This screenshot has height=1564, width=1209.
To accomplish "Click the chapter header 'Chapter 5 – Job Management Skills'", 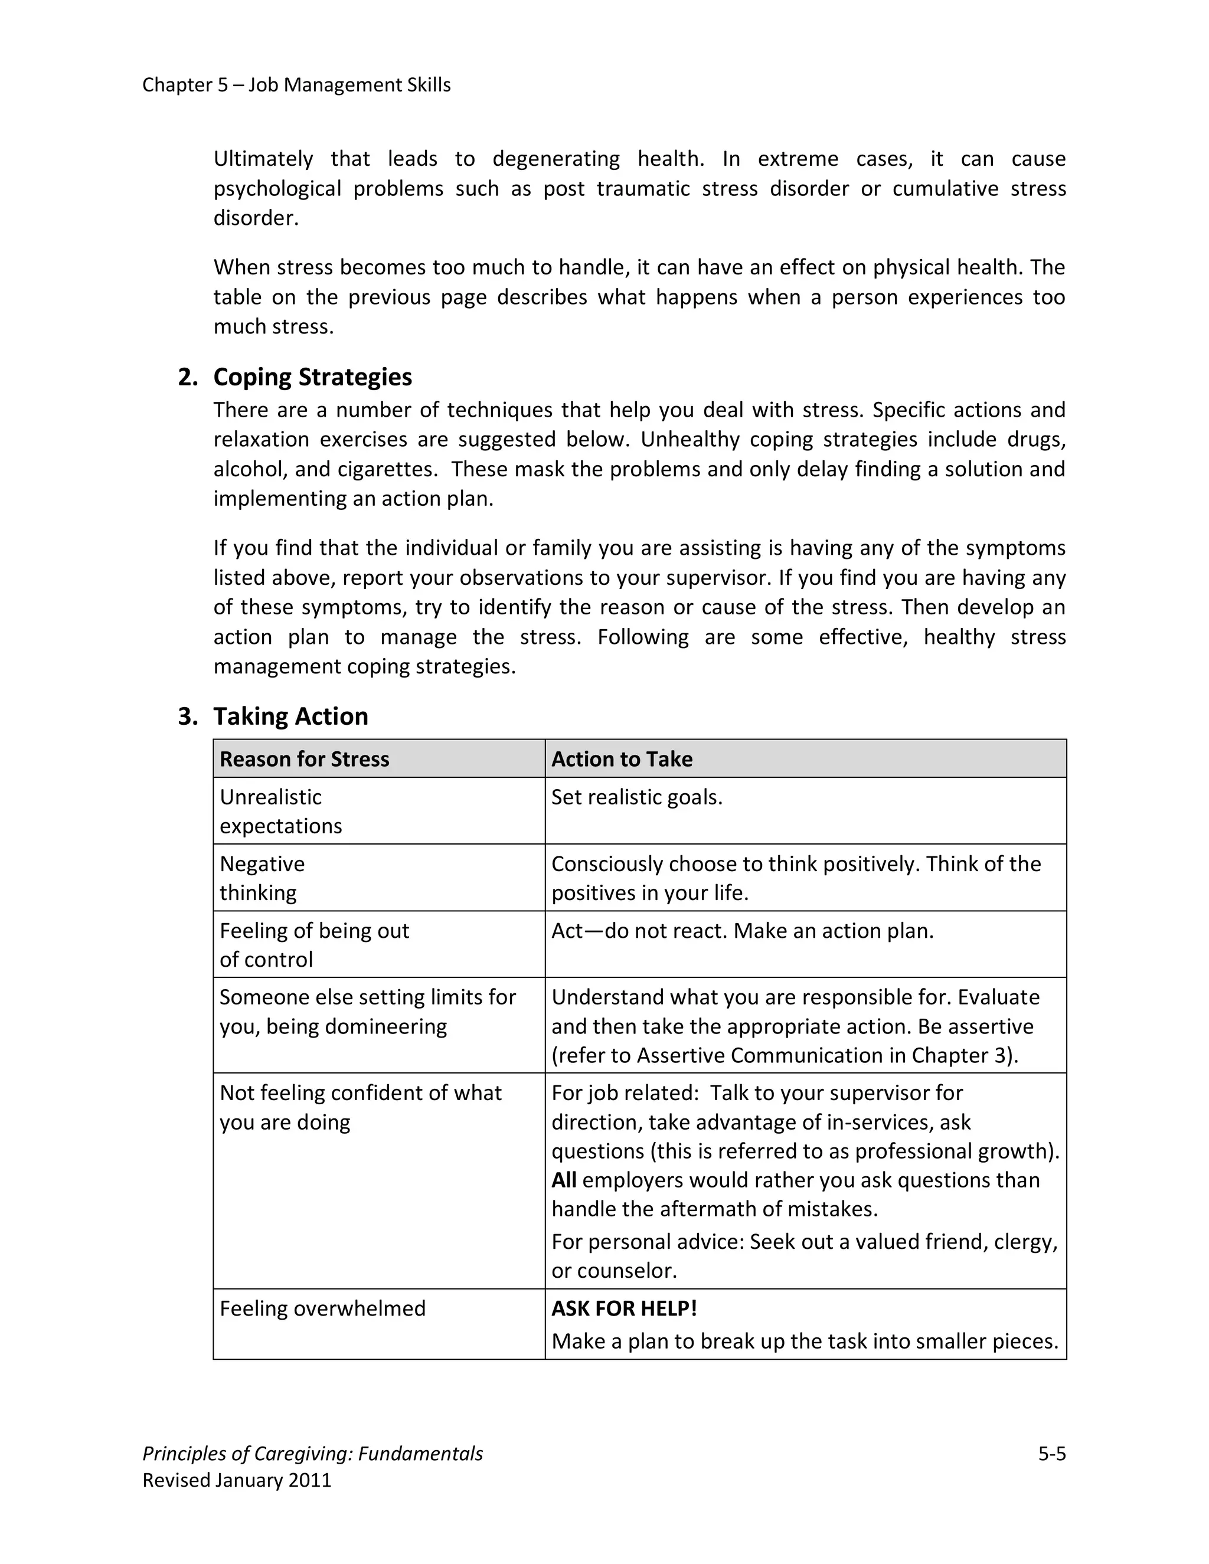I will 296,85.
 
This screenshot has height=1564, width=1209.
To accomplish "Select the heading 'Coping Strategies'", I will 312,377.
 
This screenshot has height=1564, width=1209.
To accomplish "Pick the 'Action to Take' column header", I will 621,759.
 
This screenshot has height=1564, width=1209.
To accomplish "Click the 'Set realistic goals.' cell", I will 636,797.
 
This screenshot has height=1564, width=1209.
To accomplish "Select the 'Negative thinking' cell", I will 262,878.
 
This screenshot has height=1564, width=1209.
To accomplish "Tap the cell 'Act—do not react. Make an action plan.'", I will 742,931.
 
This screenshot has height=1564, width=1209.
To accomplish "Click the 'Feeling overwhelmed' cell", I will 322,1308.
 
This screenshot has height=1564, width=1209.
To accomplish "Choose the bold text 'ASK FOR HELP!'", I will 623,1308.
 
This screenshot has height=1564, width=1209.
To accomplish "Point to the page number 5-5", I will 1051,1454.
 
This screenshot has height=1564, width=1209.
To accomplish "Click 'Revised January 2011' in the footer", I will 237,1480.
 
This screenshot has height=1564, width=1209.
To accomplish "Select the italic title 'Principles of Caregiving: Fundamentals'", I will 312,1454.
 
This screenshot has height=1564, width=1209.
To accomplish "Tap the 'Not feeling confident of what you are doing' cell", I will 360,1107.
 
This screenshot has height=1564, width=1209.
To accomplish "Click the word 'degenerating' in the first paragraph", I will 556,159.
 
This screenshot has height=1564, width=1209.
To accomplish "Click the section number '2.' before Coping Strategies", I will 188,377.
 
